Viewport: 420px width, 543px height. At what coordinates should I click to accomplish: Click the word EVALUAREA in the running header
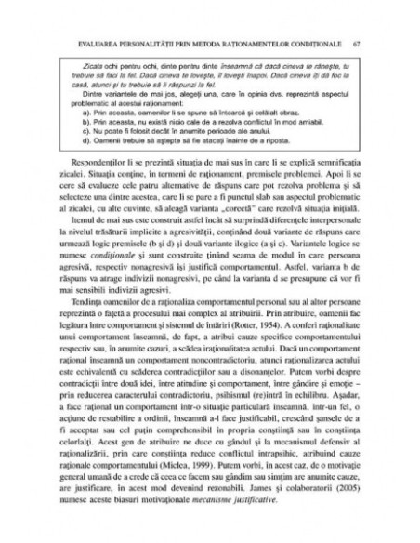click(86, 43)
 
